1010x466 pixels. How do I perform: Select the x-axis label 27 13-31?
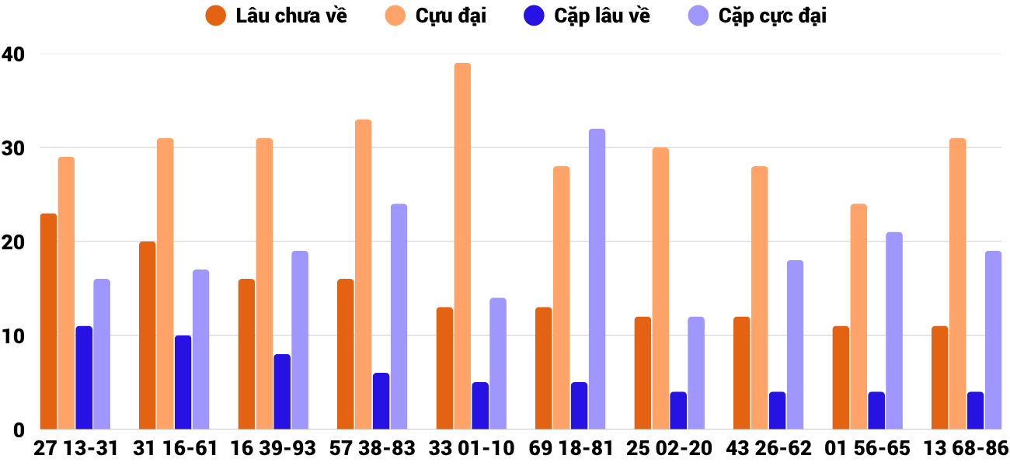pyautogui.click(x=76, y=448)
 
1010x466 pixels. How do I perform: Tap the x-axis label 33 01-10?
pyautogui.click(x=472, y=448)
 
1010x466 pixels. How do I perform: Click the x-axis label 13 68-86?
pyautogui.click(x=966, y=448)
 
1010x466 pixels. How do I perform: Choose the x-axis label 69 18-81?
pyautogui.click(x=571, y=448)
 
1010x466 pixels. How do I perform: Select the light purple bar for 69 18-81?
pyautogui.click(x=597, y=279)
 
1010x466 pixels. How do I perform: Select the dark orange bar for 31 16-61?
pyautogui.click(x=148, y=335)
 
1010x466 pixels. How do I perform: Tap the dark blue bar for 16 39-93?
pyautogui.click(x=282, y=391)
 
